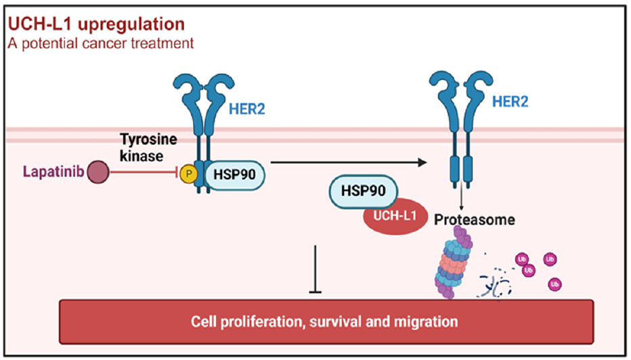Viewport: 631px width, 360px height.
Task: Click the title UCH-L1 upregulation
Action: (x=95, y=25)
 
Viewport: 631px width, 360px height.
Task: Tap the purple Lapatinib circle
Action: (x=100, y=173)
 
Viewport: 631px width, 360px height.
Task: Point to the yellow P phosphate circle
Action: (x=188, y=174)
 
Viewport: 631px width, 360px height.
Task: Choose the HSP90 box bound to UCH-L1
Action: (x=363, y=192)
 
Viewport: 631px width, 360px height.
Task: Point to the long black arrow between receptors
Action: (x=348, y=162)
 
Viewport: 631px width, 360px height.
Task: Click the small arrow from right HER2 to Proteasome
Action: (x=461, y=196)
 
